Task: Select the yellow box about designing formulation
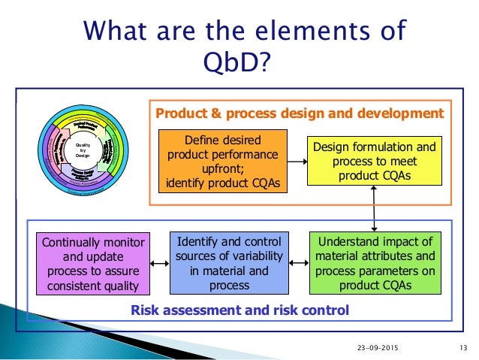374,162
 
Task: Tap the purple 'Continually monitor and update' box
94,264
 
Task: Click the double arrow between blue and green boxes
298,264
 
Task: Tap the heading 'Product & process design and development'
299,113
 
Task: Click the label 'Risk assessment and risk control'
240,309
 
